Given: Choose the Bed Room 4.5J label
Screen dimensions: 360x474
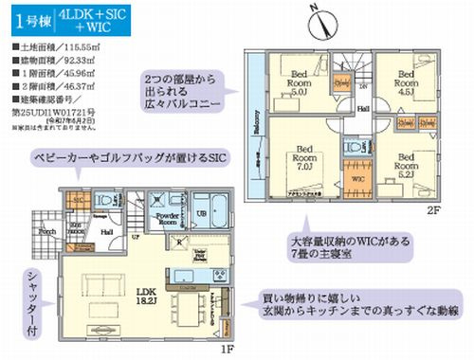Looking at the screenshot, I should pyautogui.click(x=407, y=80).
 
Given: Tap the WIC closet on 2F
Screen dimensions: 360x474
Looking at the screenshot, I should pyautogui.click(x=359, y=175).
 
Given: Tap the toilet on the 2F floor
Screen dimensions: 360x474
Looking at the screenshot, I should pyautogui.click(x=355, y=148).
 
